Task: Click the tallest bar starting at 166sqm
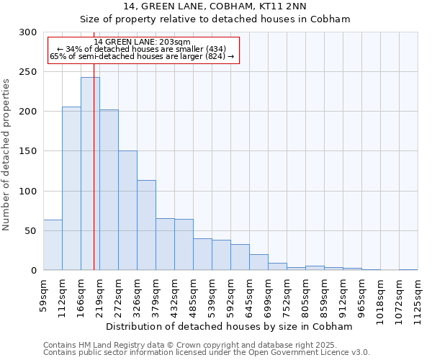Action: [90, 174]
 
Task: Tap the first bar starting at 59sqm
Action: [53, 245]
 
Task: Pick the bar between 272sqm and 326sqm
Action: [127, 210]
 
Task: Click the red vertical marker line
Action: [94, 144]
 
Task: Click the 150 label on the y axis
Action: [29, 151]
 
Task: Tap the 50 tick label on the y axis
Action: [31, 231]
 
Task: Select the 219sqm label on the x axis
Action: [100, 294]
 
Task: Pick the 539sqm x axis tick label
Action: [212, 294]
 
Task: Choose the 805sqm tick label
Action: [306, 294]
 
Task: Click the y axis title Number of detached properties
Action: [7, 155]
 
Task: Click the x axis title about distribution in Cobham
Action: [230, 326]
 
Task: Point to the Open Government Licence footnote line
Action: [207, 352]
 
